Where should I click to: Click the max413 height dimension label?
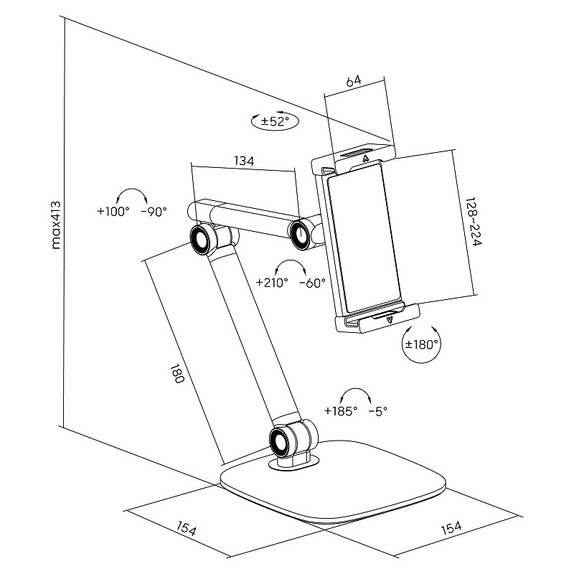click(57, 224)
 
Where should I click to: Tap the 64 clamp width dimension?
click(353, 81)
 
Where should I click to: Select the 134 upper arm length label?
click(244, 161)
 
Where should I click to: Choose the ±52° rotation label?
click(275, 122)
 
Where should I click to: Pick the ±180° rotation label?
click(422, 344)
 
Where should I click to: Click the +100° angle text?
click(113, 212)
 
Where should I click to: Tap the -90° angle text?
click(154, 212)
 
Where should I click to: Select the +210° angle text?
click(272, 283)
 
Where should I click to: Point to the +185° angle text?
click(340, 411)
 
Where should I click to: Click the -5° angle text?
click(377, 411)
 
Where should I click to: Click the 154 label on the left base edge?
click(186, 530)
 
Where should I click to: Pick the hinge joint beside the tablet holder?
click(300, 233)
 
